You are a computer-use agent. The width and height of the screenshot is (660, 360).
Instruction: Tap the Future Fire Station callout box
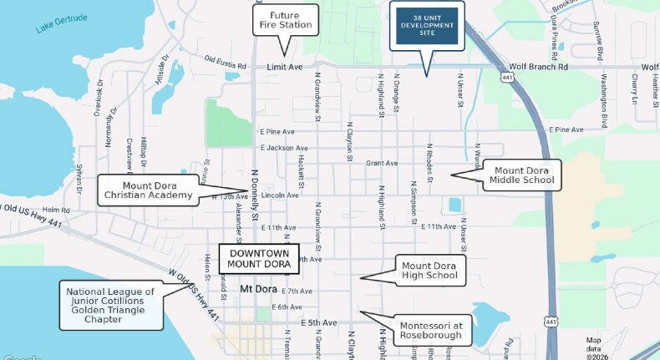[x=286, y=20]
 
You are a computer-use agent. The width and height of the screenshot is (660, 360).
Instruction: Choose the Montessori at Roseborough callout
[x=430, y=330]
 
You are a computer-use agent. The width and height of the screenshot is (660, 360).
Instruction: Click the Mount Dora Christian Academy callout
[x=148, y=190]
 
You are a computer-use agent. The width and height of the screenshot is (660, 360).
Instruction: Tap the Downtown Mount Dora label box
[x=259, y=258]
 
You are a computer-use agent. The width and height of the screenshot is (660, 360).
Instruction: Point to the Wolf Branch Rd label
[x=539, y=67]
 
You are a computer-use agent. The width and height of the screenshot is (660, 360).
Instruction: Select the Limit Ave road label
[x=283, y=67]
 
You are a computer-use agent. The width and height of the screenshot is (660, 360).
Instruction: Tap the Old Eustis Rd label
[x=226, y=62]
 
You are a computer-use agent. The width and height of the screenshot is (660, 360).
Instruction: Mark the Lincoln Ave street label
[x=280, y=195]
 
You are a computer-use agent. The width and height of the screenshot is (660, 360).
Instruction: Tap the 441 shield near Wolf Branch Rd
[x=508, y=77]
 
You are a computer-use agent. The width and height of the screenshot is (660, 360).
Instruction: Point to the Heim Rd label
[x=55, y=210]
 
